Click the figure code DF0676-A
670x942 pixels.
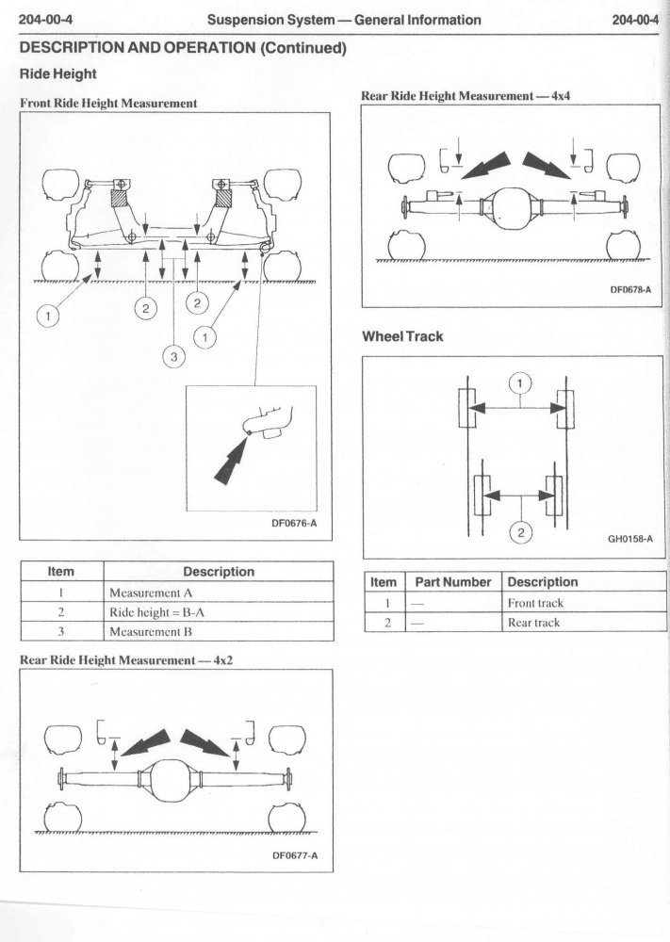click(x=291, y=524)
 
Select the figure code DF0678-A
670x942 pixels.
click(x=630, y=290)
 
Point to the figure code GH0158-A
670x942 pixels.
click(x=630, y=540)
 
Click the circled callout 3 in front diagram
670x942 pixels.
click(x=173, y=356)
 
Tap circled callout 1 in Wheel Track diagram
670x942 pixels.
click(x=520, y=382)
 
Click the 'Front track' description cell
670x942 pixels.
click(x=535, y=603)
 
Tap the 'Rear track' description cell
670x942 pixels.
click(x=533, y=623)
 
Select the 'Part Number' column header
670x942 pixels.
click(x=453, y=582)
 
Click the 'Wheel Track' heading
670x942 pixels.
click(x=402, y=336)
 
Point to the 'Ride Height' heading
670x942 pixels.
click(x=58, y=72)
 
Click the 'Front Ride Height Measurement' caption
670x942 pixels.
click(x=108, y=104)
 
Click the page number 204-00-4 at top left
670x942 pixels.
click(x=40, y=20)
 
